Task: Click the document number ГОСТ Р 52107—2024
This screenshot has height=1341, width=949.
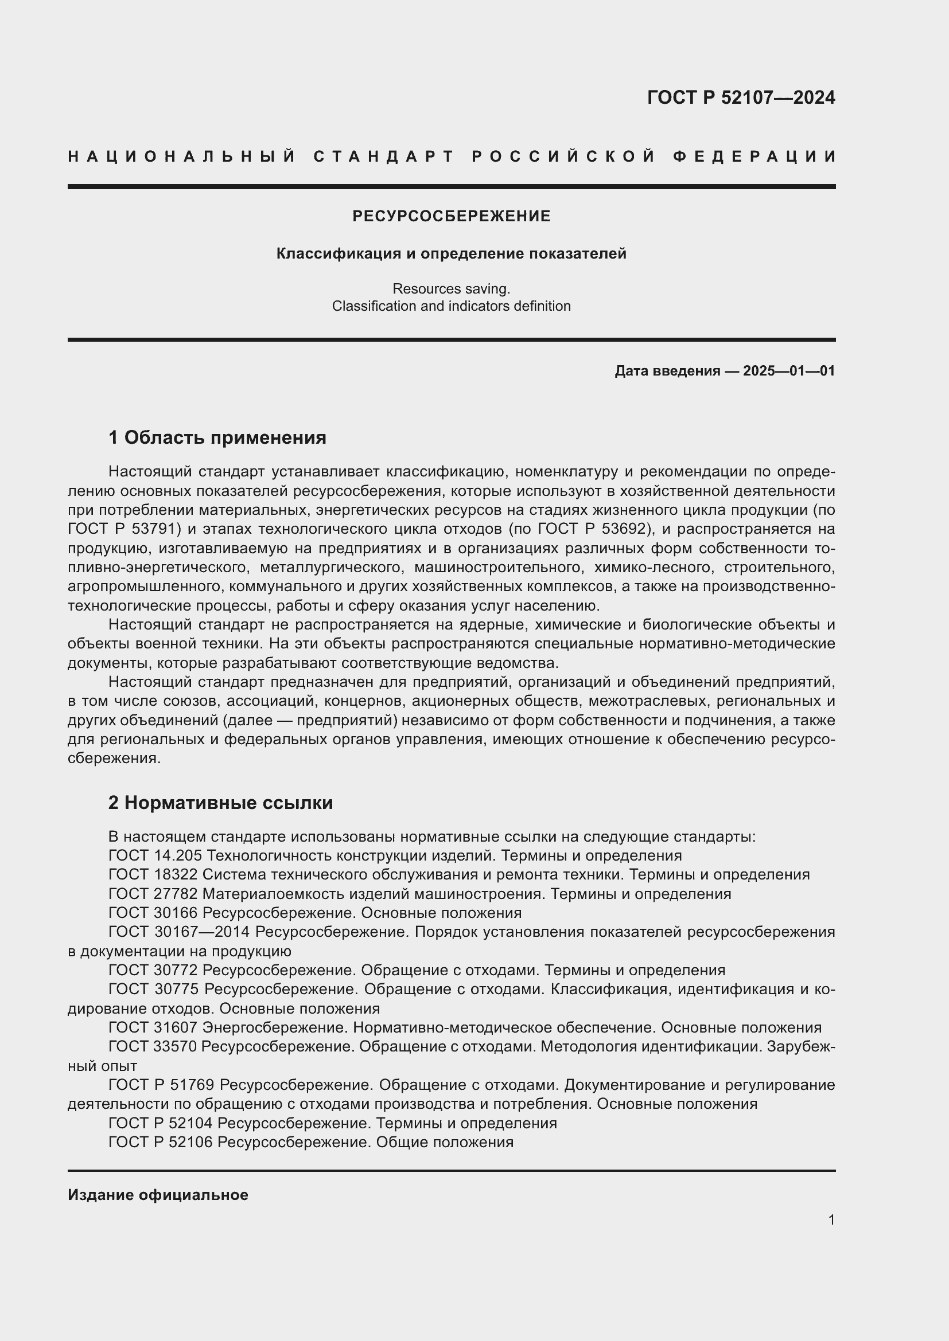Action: tap(741, 97)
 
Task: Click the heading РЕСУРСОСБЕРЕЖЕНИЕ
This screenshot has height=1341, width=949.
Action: tap(451, 217)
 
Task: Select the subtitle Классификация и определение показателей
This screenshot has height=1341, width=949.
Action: tap(451, 254)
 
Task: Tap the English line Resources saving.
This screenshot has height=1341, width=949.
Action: tap(451, 288)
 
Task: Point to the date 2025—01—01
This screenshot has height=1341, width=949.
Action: tap(788, 371)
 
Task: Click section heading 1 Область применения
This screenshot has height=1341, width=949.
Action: tap(217, 437)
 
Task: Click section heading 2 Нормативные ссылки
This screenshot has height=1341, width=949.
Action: tap(220, 803)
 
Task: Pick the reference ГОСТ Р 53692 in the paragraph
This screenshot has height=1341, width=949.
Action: tap(594, 529)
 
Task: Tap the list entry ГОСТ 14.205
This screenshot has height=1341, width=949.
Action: tap(155, 855)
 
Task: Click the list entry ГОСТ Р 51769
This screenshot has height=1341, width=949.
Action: tap(161, 1085)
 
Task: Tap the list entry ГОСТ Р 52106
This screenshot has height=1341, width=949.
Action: tap(161, 1143)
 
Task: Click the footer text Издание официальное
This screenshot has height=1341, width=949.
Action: tap(158, 1195)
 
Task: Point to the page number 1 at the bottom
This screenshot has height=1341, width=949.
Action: tap(831, 1219)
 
